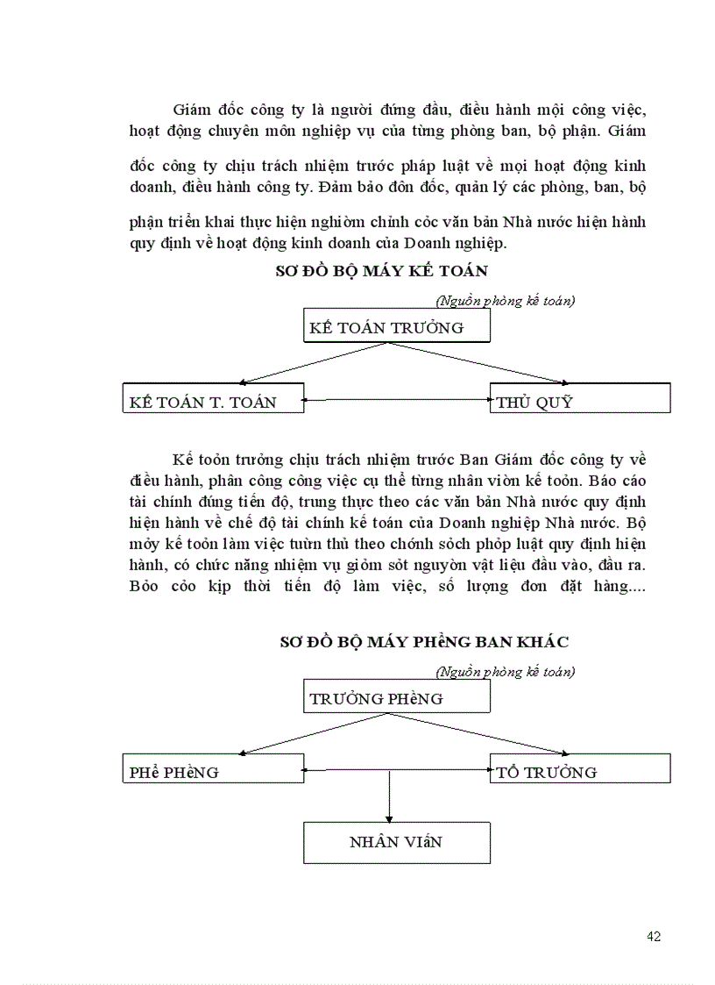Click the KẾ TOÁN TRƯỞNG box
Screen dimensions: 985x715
396,326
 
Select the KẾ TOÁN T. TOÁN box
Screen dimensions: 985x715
213,398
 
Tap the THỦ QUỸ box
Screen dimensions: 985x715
579,398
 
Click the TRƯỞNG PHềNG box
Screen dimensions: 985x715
396,697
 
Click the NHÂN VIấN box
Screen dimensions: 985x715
395,842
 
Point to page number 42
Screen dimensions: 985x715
654,936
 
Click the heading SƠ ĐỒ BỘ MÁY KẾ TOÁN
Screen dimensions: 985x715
381,270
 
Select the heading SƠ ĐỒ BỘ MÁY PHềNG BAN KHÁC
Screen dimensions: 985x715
424,641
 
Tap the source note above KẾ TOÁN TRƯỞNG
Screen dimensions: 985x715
505,301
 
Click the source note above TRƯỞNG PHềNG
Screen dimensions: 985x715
505,672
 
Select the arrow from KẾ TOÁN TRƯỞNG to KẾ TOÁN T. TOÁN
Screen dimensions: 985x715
312,362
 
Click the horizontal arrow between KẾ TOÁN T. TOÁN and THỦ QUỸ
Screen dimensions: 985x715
396,400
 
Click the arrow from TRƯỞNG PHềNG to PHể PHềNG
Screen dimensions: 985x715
312,733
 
